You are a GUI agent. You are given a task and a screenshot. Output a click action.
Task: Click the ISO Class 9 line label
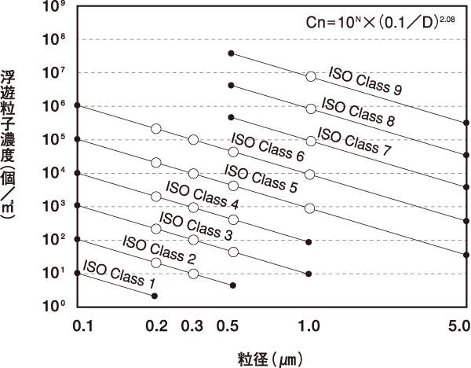pyautogui.click(x=366, y=79)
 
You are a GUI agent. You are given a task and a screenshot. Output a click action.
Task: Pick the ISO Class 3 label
pyautogui.click(x=195, y=228)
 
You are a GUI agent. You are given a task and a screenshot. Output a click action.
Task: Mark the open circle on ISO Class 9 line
pyautogui.click(x=311, y=76)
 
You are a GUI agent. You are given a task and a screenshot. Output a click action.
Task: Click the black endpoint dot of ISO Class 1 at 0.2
pyautogui.click(x=155, y=296)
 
